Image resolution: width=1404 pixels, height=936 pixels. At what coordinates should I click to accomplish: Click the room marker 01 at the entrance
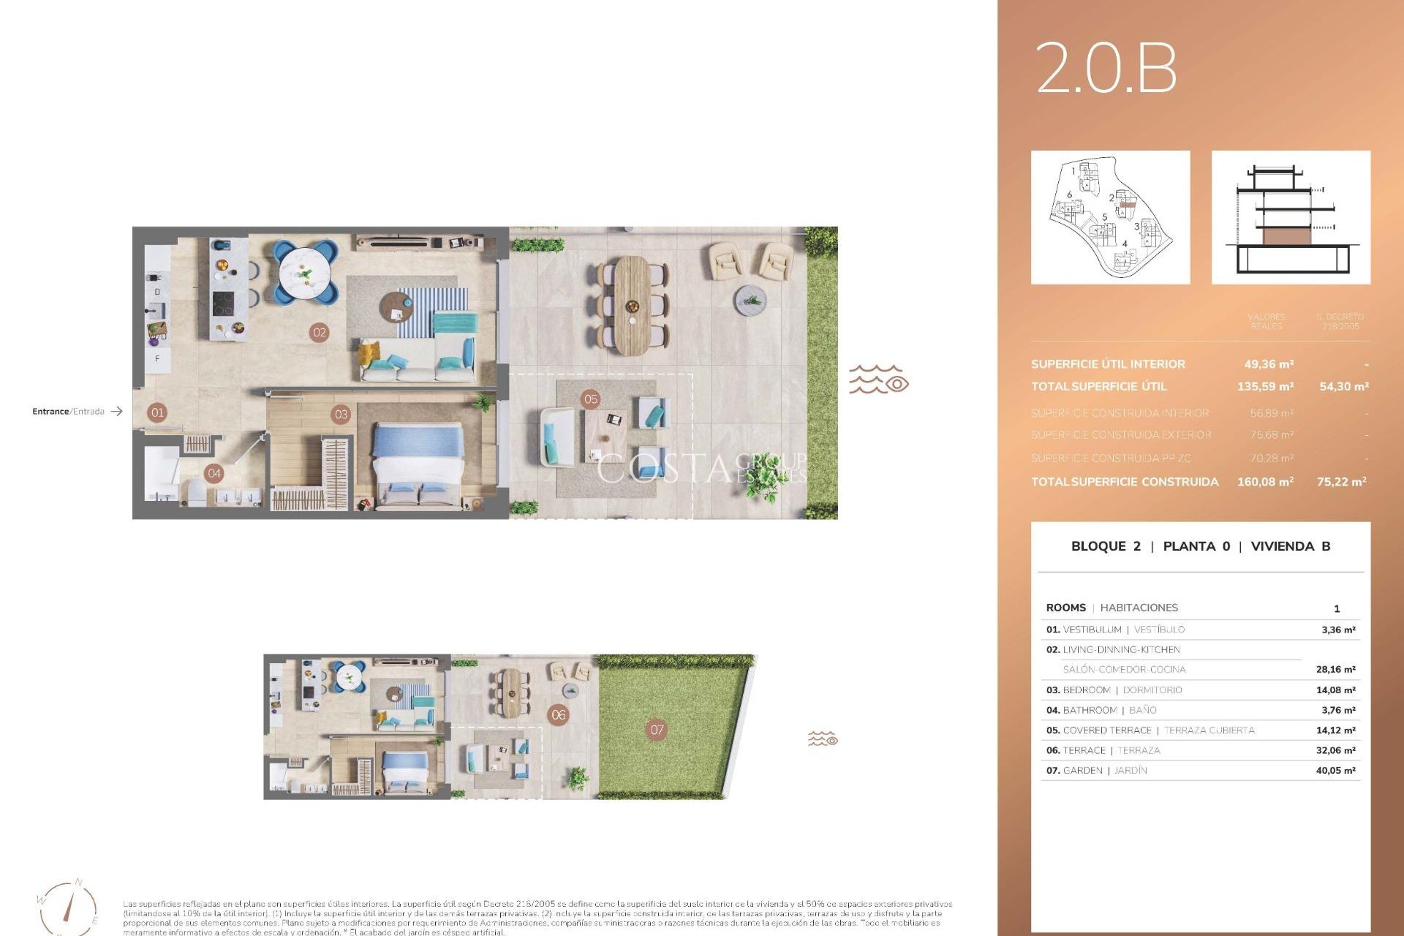point(157,412)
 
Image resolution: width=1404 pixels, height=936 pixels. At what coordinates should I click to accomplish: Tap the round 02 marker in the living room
point(320,333)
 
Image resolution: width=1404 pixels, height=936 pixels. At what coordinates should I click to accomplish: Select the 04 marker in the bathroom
point(214,473)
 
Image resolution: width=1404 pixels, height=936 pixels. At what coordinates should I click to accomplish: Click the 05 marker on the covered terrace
point(591,399)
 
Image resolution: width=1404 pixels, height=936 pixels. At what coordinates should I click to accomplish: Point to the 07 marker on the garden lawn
point(657,729)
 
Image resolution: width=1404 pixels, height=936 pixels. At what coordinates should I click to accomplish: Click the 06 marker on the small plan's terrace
point(559,715)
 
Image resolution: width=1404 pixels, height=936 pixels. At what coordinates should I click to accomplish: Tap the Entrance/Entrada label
point(68,412)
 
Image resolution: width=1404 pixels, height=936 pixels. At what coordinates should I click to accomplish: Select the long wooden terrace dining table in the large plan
point(632,304)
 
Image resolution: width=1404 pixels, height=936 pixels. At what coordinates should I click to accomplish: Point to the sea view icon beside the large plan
point(878,380)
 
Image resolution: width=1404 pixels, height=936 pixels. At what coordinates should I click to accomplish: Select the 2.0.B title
point(1106,68)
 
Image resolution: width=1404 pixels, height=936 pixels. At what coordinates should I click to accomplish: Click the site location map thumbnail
point(1110,217)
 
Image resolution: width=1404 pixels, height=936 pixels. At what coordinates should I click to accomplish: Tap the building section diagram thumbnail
point(1291,217)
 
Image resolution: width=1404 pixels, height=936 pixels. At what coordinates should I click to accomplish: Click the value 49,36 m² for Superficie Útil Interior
point(1269,364)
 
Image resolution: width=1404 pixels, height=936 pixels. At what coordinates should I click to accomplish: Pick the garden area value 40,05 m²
point(1335,770)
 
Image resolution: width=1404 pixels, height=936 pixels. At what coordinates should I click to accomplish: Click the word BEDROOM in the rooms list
point(1086,690)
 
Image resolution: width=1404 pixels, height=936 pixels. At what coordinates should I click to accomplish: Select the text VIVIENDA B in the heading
point(1290,546)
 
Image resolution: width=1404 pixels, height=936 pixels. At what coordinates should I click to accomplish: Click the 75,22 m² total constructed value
point(1341,482)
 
